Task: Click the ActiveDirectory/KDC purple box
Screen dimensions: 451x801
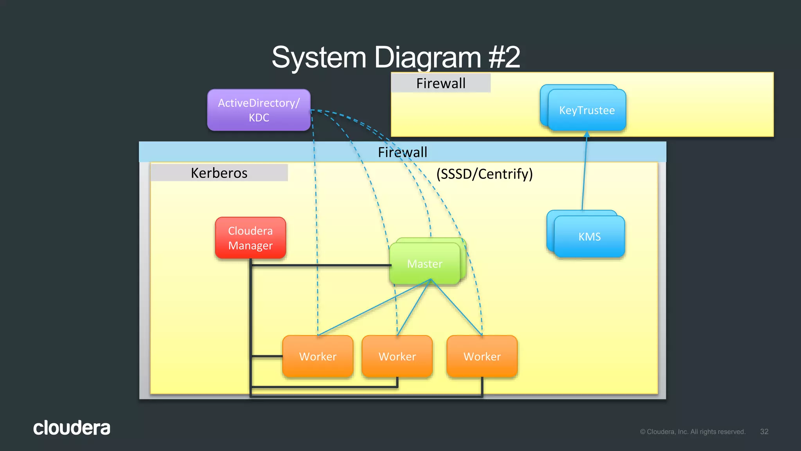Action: coord(259,110)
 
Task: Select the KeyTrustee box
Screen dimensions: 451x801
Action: coord(587,110)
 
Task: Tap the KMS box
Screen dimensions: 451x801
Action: coord(589,237)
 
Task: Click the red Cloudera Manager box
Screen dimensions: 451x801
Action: coord(250,238)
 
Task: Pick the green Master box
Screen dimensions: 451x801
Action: coord(425,264)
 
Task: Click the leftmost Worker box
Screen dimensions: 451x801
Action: coord(318,357)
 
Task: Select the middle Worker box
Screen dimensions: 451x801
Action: coord(397,357)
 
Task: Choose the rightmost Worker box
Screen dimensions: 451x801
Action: coord(482,357)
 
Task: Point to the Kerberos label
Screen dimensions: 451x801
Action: coord(219,173)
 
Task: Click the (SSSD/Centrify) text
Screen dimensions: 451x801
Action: coord(485,174)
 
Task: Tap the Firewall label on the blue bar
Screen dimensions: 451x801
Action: coord(402,152)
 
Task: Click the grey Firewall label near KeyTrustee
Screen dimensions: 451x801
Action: coord(441,83)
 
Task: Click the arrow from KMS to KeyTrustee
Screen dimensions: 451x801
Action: coord(585,172)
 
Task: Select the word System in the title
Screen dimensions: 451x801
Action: coord(319,58)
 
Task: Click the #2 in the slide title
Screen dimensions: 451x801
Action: coord(504,58)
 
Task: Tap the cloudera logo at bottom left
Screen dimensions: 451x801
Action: coord(72,428)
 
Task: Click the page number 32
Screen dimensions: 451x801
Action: coord(764,431)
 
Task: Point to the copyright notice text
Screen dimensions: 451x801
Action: coord(692,432)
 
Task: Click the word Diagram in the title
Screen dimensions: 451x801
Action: coord(427,58)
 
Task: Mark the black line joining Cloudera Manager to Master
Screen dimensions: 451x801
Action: coord(321,265)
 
